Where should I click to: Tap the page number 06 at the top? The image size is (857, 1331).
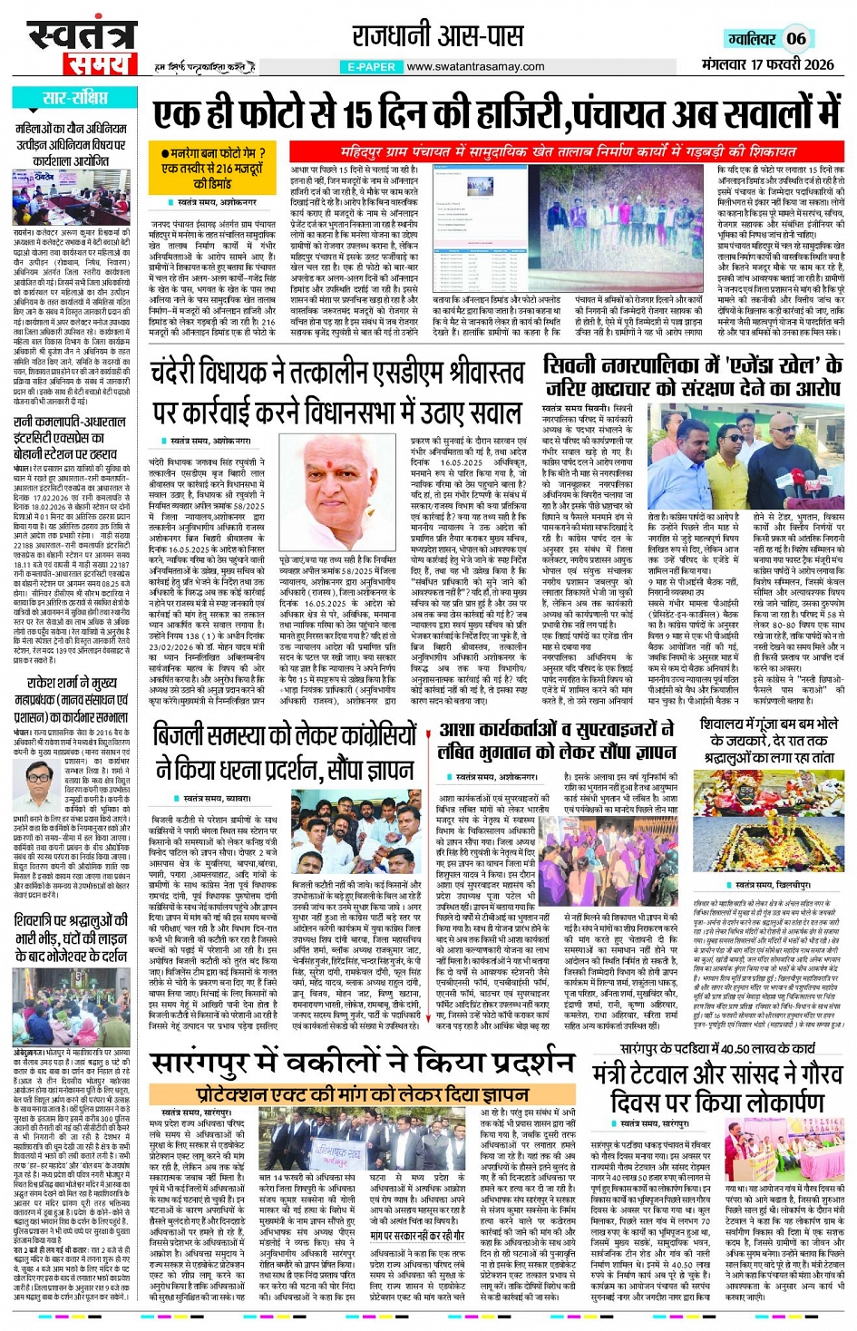click(x=795, y=38)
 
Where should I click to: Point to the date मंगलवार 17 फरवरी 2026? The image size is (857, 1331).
click(x=767, y=64)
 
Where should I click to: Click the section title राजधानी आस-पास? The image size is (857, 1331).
click(x=437, y=36)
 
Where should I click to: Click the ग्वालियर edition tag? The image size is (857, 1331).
click(x=751, y=38)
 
